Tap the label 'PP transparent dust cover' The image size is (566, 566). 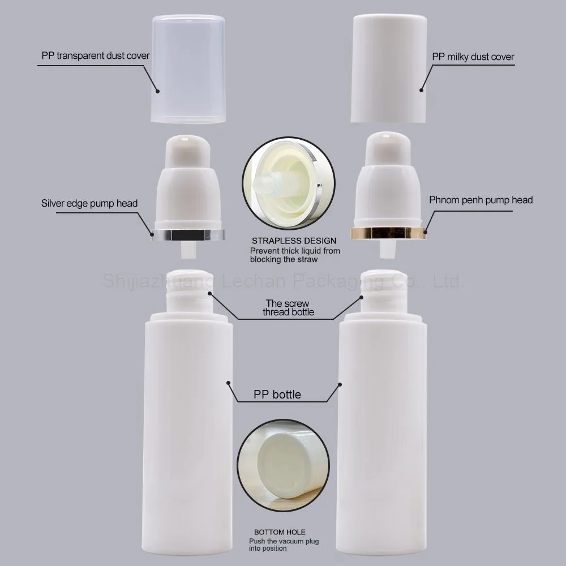[x=96, y=56]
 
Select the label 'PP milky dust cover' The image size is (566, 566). [x=473, y=57]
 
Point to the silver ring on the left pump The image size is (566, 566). [x=188, y=234]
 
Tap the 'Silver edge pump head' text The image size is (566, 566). [x=89, y=203]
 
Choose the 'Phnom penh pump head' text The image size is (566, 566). [x=481, y=200]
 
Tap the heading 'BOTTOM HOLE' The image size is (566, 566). [x=280, y=532]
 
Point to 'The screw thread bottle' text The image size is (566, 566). [x=288, y=307]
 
